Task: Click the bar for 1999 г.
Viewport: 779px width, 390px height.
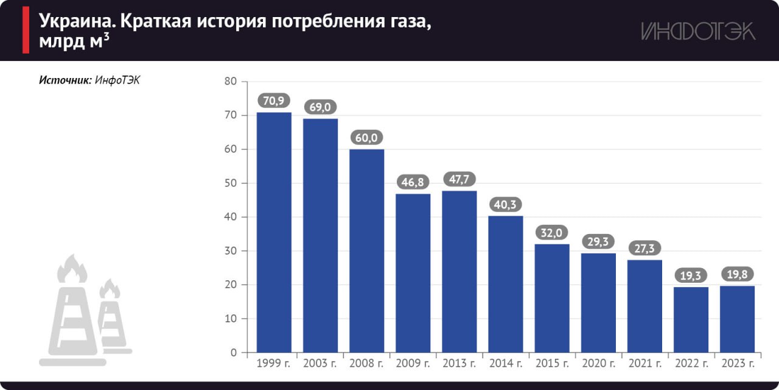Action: tap(274, 232)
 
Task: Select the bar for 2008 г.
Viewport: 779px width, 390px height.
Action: tap(366, 250)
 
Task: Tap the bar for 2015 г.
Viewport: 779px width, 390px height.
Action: tap(552, 298)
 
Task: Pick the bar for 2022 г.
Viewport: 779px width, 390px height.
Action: tap(691, 319)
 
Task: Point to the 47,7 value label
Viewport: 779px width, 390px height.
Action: tap(459, 180)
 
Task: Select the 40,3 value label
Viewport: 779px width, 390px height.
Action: tap(506, 205)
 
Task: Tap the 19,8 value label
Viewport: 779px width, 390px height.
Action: tap(738, 275)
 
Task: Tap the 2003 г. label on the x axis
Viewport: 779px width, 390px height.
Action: tap(320, 364)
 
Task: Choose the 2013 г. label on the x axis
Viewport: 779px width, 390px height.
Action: tap(459, 364)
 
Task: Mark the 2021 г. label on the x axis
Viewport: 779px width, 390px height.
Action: tap(645, 364)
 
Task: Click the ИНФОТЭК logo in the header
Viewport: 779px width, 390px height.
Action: tap(698, 31)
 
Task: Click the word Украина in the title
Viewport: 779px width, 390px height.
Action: tap(77, 22)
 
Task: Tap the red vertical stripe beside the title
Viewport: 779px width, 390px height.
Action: tap(26, 31)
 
